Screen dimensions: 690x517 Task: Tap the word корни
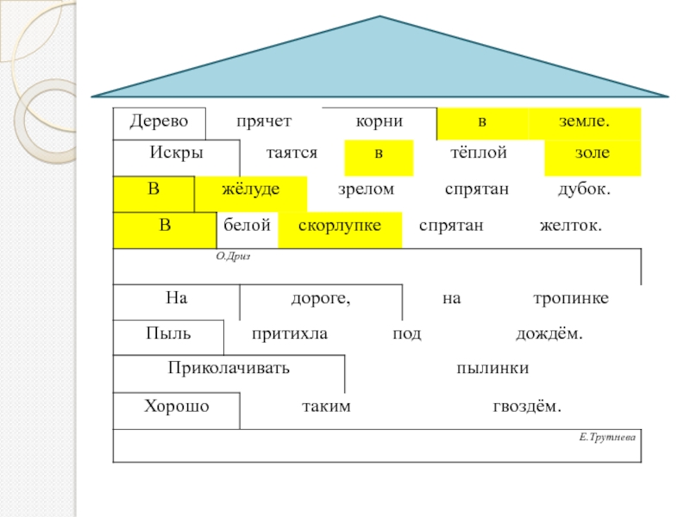click(379, 121)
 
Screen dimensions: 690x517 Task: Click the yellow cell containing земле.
click(586, 122)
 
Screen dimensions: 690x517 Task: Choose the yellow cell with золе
click(592, 153)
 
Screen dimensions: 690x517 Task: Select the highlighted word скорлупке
click(339, 225)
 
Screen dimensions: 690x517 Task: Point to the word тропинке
click(570, 298)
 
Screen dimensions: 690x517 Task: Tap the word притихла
click(290, 333)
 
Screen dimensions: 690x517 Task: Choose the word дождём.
click(549, 333)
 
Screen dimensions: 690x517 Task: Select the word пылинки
click(492, 369)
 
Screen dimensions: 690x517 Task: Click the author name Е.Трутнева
click(607, 438)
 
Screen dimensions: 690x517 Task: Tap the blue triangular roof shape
click(379, 65)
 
